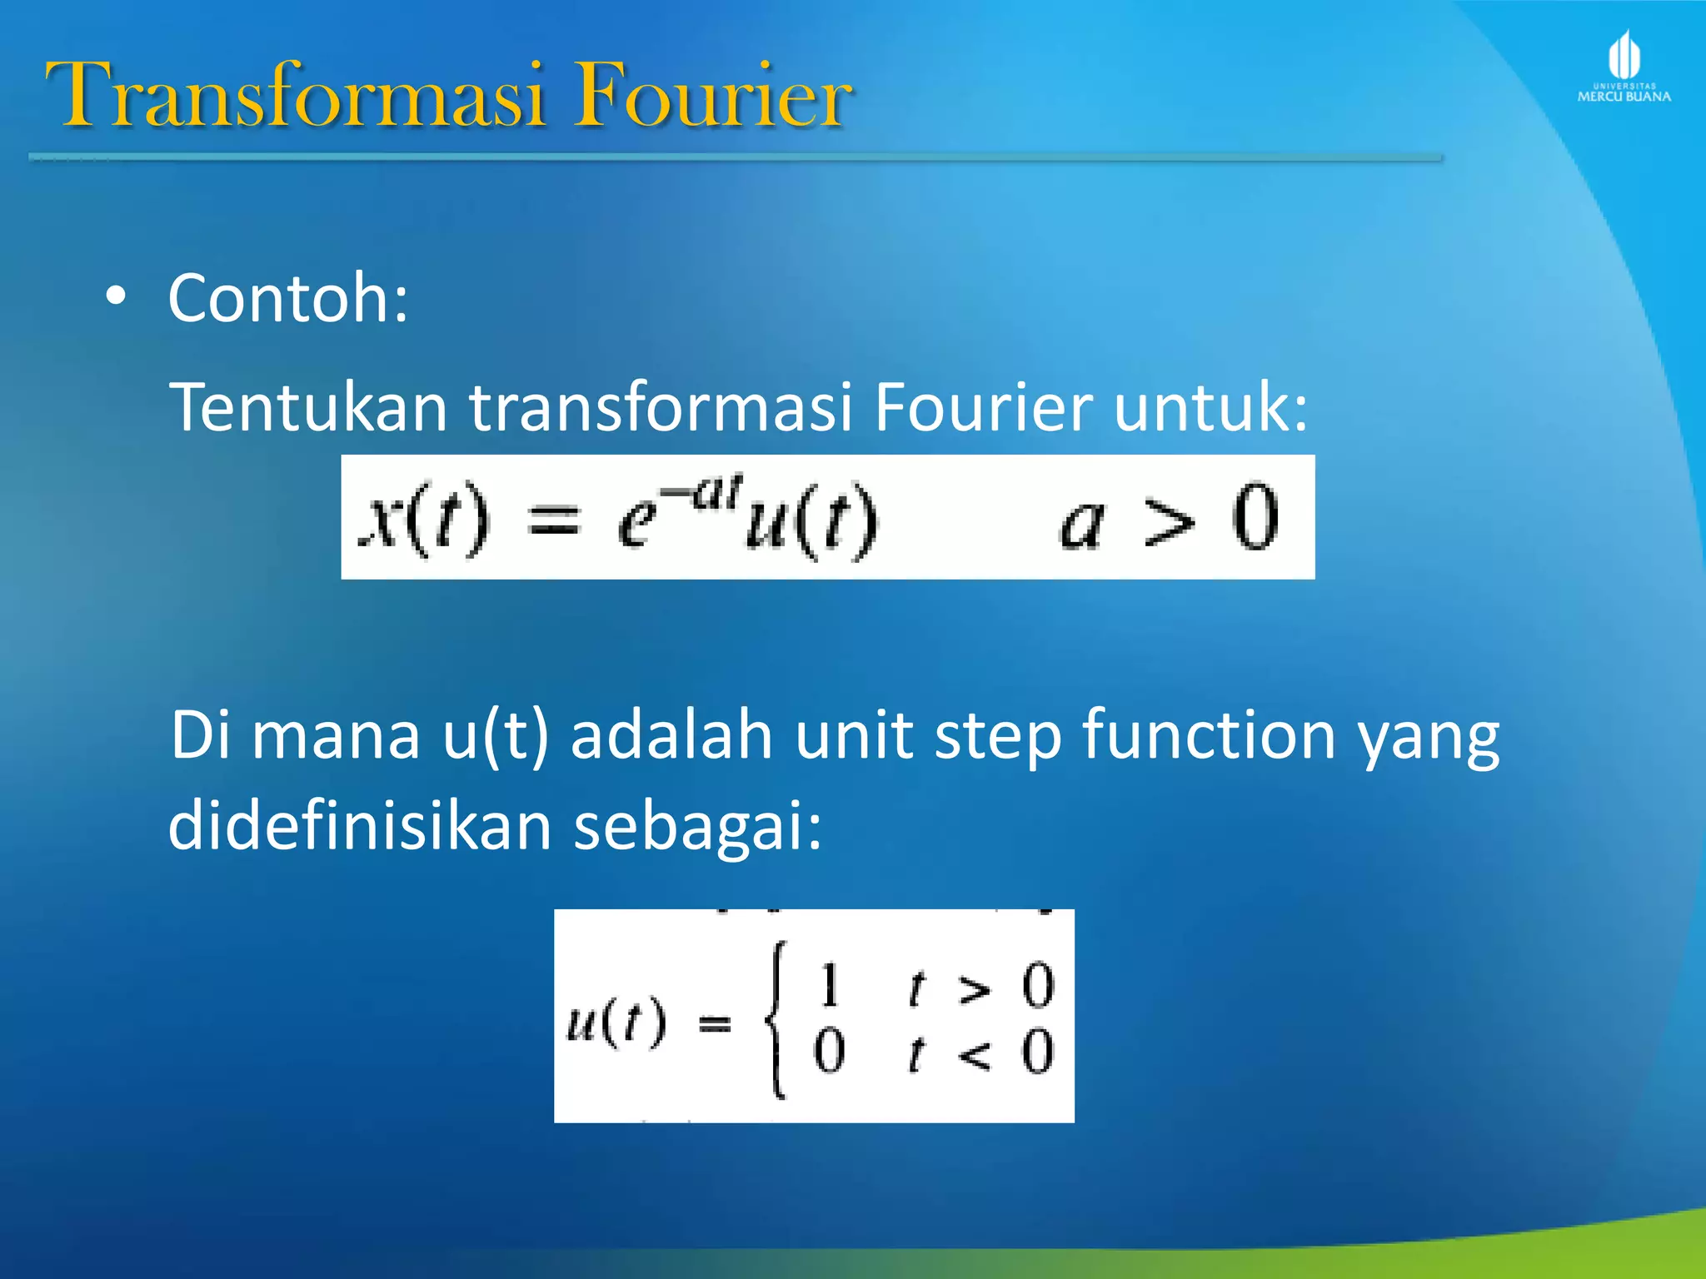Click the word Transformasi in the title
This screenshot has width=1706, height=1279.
tap(296, 96)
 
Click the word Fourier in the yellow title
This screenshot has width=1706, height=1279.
tap(713, 96)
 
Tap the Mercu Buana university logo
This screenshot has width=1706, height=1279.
tap(1624, 67)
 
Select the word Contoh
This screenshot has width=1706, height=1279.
tap(287, 298)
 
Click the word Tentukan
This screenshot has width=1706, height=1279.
tap(308, 408)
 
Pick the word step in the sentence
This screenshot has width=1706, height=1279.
tap(997, 737)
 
